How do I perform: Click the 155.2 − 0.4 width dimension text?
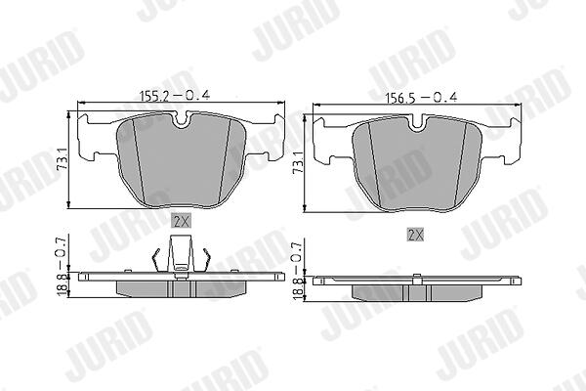[175, 96]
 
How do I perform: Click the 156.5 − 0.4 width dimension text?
[422, 98]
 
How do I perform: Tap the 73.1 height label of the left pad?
[63, 159]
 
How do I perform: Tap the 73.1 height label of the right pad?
[298, 162]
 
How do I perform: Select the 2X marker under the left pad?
[182, 221]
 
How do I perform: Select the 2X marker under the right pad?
[415, 235]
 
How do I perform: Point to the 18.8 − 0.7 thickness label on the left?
[63, 265]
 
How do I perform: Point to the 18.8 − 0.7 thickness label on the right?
[298, 271]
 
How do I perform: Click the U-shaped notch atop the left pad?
[182, 120]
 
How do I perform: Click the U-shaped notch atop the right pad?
[418, 123]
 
